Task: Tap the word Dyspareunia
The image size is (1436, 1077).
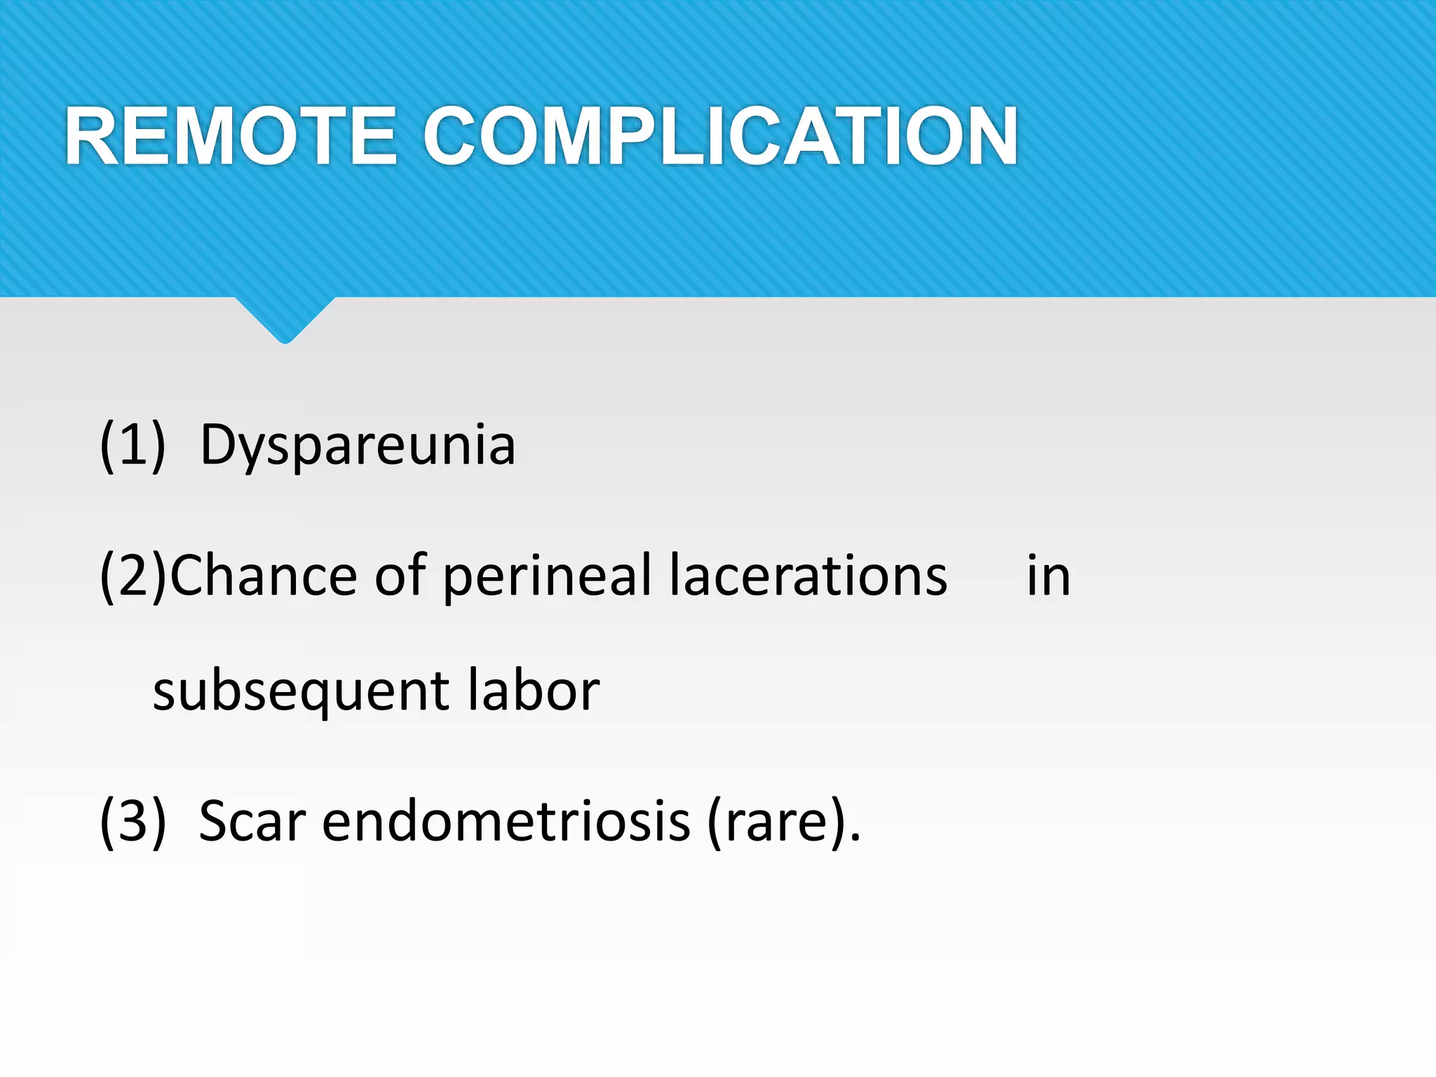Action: [x=358, y=445]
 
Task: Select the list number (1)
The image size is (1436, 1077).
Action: [x=133, y=445]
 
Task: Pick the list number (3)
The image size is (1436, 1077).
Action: [x=133, y=821]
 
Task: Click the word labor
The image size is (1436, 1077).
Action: [x=533, y=691]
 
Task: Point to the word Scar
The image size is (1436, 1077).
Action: [x=252, y=821]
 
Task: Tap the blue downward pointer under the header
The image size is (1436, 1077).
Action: [x=285, y=319]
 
